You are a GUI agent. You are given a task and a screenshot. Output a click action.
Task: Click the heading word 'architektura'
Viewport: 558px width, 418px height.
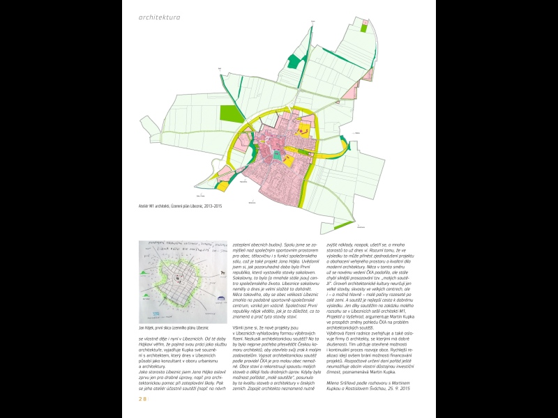click(x=161, y=17)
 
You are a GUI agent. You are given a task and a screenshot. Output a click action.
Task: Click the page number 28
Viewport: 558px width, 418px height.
click(x=142, y=398)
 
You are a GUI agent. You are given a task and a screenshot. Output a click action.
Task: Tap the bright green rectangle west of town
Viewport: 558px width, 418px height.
click(x=229, y=114)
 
